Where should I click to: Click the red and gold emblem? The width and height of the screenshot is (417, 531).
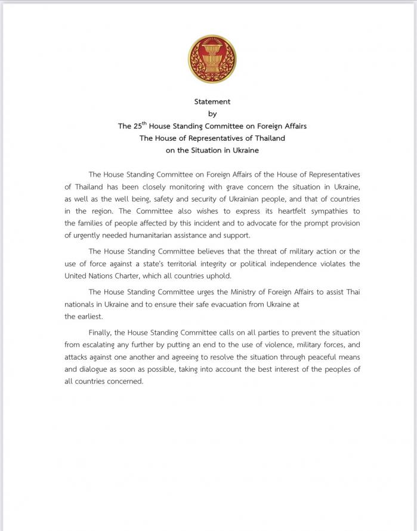click(x=212, y=59)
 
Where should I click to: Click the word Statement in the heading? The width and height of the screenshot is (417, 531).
click(x=212, y=101)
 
